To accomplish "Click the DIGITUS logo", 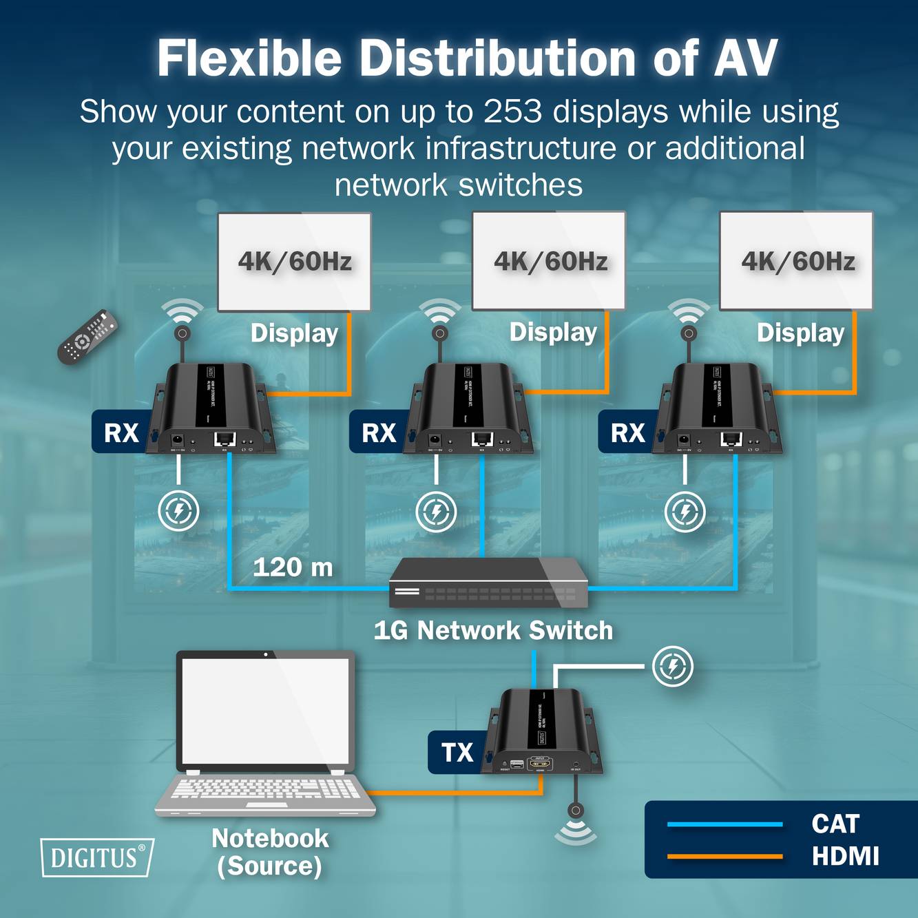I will click(96, 857).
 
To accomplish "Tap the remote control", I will click(87, 336).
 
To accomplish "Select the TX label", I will click(457, 753).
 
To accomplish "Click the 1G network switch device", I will click(488, 583).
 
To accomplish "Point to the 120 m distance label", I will click(293, 567).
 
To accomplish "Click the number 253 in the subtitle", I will click(513, 112).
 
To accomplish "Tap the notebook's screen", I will click(266, 710).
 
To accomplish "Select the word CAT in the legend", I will click(835, 824).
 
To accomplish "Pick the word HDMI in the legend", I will click(845, 856).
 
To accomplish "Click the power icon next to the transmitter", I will click(673, 666).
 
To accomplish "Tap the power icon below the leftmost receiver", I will click(178, 511).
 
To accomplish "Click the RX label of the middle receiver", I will click(379, 433).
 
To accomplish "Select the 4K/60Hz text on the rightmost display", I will click(797, 262).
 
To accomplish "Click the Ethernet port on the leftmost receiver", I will click(225, 439).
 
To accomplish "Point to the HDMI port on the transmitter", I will click(540, 763).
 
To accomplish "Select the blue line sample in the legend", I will click(724, 824).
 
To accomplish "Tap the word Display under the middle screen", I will click(553, 333).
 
